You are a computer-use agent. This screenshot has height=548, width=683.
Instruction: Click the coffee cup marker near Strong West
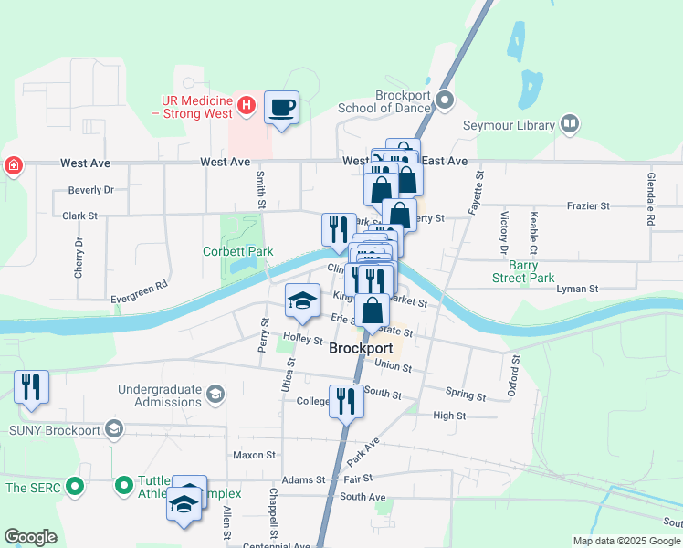click(281, 108)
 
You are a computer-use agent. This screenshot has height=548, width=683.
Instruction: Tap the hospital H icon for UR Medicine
click(246, 107)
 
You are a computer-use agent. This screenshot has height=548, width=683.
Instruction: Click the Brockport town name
click(361, 349)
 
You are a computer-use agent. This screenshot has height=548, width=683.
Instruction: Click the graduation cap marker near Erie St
click(303, 300)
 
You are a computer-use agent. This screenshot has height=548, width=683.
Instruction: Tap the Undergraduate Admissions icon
click(215, 395)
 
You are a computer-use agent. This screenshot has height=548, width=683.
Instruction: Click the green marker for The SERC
click(77, 488)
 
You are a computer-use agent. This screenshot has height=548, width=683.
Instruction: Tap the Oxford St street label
click(515, 376)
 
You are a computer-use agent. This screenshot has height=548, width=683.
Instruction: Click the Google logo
click(30, 537)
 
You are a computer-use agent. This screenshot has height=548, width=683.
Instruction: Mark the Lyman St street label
click(577, 289)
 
